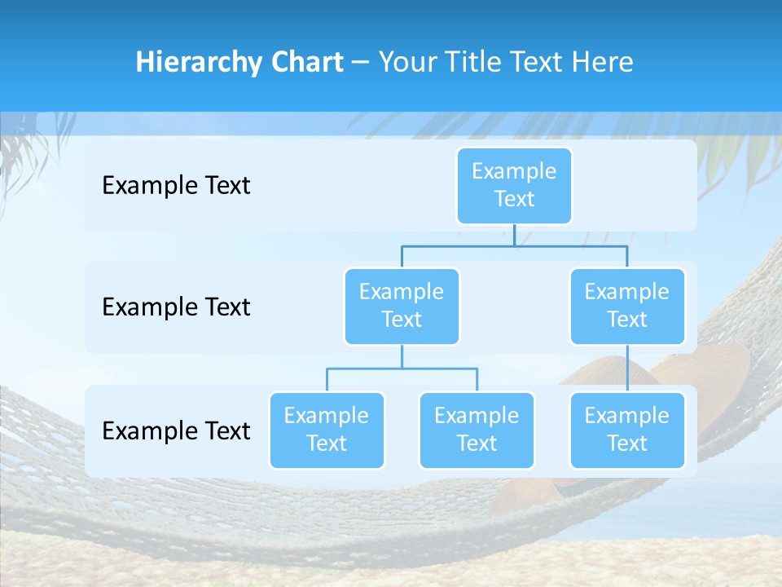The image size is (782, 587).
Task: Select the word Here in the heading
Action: [x=603, y=63]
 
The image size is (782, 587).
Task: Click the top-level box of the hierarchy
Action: [x=514, y=185]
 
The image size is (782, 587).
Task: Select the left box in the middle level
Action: [x=402, y=306]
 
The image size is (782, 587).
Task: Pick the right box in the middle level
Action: [x=627, y=306]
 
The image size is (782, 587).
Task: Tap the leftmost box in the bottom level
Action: [x=327, y=430]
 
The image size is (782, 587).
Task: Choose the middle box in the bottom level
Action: [x=477, y=430]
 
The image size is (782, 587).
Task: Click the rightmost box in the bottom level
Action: [x=627, y=430]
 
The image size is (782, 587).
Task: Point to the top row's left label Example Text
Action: [x=176, y=186]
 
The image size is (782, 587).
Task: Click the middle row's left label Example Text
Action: [x=176, y=307]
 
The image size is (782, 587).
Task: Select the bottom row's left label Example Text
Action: [x=176, y=430]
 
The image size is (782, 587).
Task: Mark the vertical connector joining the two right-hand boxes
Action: [x=627, y=369]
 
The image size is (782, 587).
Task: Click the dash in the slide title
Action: [x=361, y=64]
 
